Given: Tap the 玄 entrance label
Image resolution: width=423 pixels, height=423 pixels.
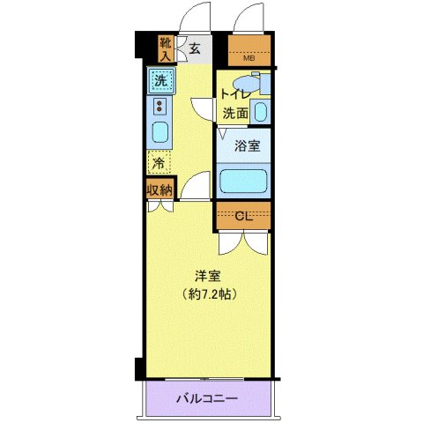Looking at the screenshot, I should [x=195, y=48].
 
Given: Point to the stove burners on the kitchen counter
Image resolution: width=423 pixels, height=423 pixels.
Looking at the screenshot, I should [x=160, y=108].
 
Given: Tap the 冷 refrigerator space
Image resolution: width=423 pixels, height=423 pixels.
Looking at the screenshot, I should [x=159, y=162].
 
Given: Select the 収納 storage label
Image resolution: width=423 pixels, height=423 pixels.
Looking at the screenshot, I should [x=160, y=189].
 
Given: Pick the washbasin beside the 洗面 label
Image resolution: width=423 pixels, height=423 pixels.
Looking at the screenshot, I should [x=260, y=112].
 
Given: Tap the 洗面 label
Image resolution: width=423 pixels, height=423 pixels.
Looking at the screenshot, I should [x=234, y=113].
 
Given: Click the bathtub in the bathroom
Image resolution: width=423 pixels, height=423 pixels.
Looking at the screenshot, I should [x=244, y=182].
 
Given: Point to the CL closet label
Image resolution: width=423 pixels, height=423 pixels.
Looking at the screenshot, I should [x=243, y=217].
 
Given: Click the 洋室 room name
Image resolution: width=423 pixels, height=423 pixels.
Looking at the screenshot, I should [x=208, y=274].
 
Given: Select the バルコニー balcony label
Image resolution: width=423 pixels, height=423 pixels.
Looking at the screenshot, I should [x=209, y=399].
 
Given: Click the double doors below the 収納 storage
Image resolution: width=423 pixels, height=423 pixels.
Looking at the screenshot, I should [x=160, y=208].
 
